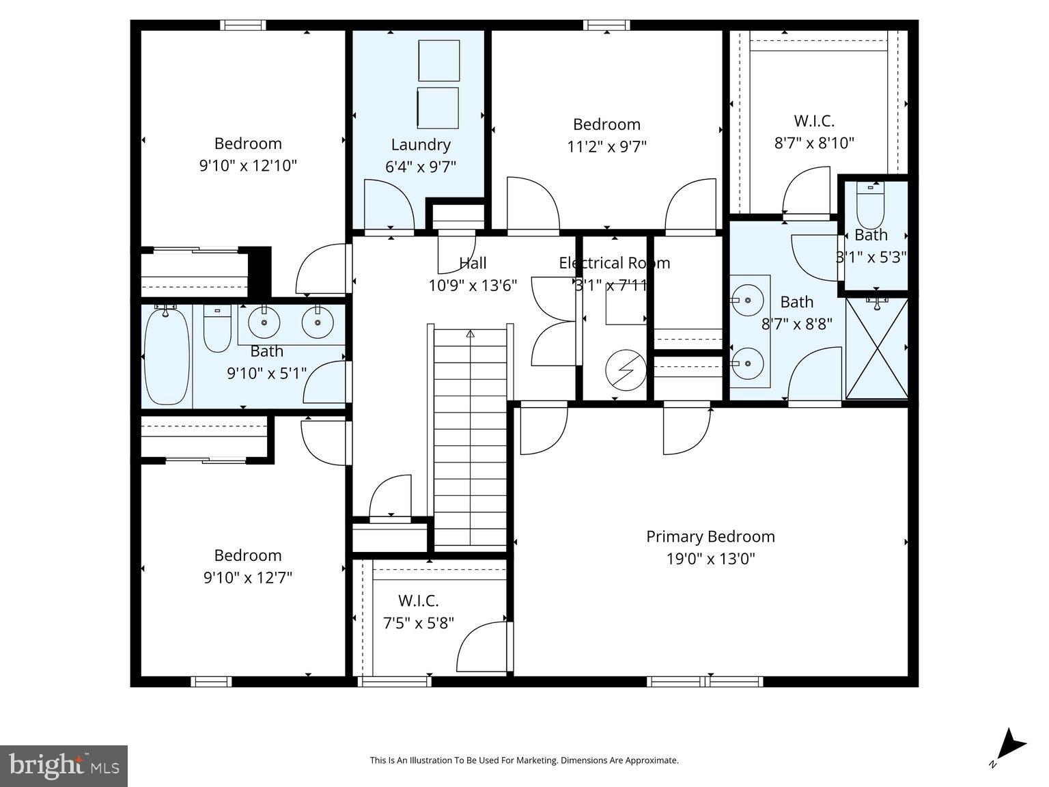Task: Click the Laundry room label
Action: (420, 145)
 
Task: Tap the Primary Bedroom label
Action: (710, 537)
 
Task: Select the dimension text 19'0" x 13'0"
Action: (710, 560)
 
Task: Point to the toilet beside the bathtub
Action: (217, 329)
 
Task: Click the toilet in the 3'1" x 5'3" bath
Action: (870, 204)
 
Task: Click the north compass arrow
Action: (1010, 745)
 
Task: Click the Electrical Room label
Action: (614, 263)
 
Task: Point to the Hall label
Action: (473, 263)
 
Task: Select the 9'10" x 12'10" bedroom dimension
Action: (248, 166)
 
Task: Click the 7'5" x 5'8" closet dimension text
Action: (418, 623)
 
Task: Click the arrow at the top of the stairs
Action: (470, 334)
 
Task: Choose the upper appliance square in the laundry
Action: (438, 61)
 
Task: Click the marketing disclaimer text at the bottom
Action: (524, 760)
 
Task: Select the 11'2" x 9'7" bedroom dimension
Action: (606, 146)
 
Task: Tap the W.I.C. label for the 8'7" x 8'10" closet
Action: (813, 121)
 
